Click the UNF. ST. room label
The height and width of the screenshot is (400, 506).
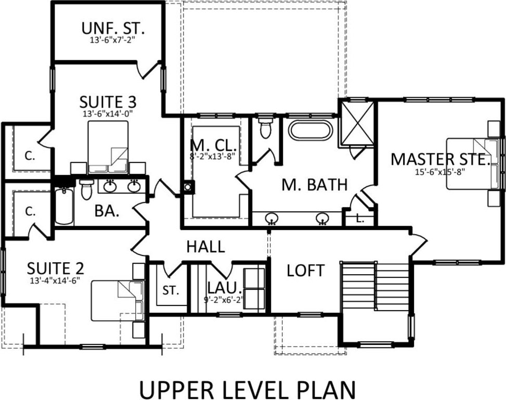[x=113, y=29]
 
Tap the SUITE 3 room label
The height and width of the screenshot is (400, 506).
[x=108, y=102]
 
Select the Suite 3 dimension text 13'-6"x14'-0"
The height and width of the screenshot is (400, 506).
[x=108, y=113]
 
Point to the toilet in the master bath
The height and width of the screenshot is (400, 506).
[x=266, y=127]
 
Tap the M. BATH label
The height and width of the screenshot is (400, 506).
[x=314, y=185]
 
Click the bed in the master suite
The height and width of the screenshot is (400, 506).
[x=472, y=163]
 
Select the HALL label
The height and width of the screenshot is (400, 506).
[x=205, y=247]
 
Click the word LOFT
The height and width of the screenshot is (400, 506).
[x=305, y=270]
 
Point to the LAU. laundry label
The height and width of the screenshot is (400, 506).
[x=224, y=288]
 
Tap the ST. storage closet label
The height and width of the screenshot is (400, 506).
[x=171, y=290]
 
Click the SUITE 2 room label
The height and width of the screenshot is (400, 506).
[x=55, y=268]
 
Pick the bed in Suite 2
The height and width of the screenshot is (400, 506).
[x=117, y=301]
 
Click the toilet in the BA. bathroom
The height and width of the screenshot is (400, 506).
[x=86, y=189]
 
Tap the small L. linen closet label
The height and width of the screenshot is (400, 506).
[x=360, y=219]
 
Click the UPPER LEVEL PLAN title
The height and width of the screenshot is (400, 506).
[x=248, y=390]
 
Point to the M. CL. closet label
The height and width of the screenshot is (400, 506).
[x=213, y=145]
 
